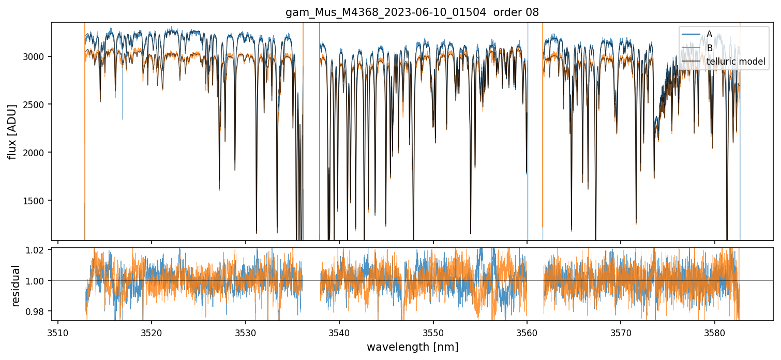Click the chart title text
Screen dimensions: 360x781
click(412, 12)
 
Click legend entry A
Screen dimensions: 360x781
click(709, 34)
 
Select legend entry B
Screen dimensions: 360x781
click(710, 48)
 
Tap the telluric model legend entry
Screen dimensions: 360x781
click(735, 62)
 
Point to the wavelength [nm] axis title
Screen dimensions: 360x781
click(412, 347)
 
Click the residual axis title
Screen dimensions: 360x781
click(16, 286)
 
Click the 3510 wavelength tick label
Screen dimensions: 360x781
click(58, 331)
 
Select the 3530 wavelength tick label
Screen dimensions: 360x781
click(245, 331)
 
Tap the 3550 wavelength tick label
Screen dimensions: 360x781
click(433, 331)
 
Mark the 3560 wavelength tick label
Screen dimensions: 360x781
click(527, 331)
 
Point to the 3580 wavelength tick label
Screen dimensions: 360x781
click(715, 331)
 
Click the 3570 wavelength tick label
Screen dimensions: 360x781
click(621, 331)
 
